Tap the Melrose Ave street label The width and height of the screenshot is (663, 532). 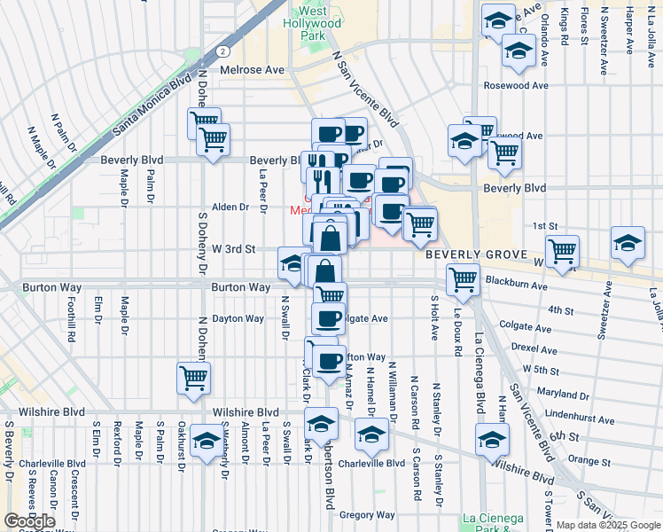coord(258,70)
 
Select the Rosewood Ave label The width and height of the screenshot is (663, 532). coord(515,86)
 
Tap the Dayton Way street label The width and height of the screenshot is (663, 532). coord(238,318)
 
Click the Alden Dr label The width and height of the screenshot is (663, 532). coord(230,207)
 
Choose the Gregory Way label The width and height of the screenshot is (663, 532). coord(366,514)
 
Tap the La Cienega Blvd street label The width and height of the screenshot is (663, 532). coord(480,372)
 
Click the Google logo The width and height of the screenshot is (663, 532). coord(29,521)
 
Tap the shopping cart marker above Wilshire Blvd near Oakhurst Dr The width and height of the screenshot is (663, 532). coord(193,379)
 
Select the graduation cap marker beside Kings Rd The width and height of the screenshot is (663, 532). coord(518,51)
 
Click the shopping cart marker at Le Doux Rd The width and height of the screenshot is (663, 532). coord(463,280)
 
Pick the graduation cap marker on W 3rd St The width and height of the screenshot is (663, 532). coord(293,262)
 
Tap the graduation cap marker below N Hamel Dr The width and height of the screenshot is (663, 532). coord(370,435)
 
